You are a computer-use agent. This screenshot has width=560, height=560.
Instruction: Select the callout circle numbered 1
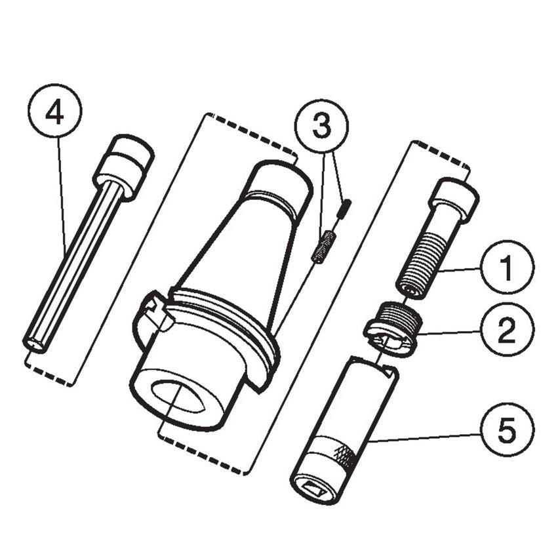click(506, 268)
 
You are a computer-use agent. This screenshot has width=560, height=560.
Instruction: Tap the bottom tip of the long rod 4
click(33, 343)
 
